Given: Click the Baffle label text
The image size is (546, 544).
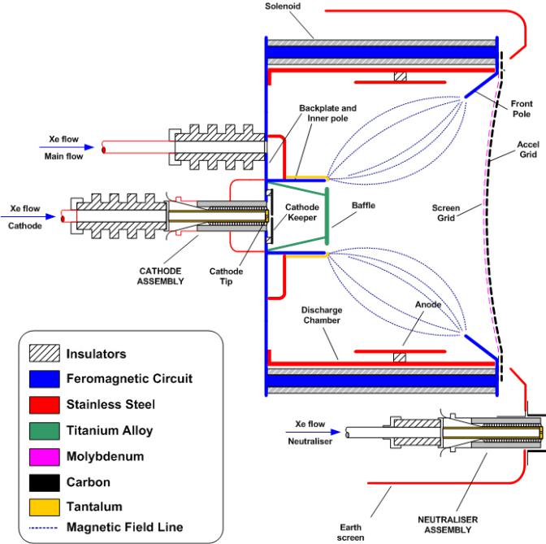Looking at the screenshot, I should (x=363, y=206).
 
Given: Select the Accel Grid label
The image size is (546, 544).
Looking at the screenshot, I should (x=531, y=159).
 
